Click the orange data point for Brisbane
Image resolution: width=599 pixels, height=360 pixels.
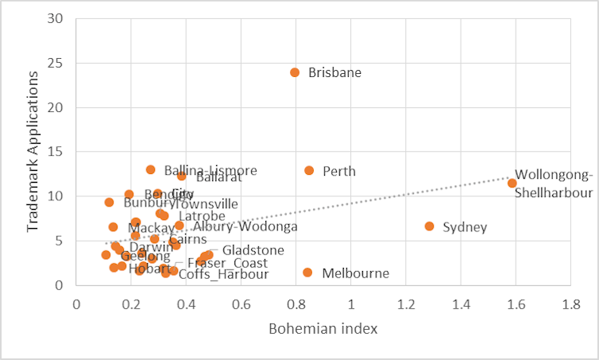coord(295,72)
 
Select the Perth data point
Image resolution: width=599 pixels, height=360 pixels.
coord(309,171)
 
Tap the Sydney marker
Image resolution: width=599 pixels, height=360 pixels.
coord(430,226)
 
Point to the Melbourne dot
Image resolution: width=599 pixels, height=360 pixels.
coord(307,273)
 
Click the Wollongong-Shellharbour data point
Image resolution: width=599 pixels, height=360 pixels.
coord(512,184)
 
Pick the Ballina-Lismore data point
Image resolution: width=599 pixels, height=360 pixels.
coord(151,170)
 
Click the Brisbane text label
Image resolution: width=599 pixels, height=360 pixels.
coord(334,72)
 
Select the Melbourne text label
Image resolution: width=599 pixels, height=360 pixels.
coord(355,273)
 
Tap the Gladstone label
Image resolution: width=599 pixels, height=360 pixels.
coord(253,250)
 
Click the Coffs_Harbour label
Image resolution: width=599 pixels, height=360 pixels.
coord(223,275)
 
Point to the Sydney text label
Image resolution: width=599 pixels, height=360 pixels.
coord(465,228)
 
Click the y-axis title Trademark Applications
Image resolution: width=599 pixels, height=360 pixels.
coord(33,151)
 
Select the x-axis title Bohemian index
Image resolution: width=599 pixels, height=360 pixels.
coord(323,327)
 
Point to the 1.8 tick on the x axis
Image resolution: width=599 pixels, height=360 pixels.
coord(570,304)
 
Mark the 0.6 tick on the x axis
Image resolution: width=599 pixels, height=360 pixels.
coord(241,304)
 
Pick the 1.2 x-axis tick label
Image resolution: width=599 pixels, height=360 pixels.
coord(405,304)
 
